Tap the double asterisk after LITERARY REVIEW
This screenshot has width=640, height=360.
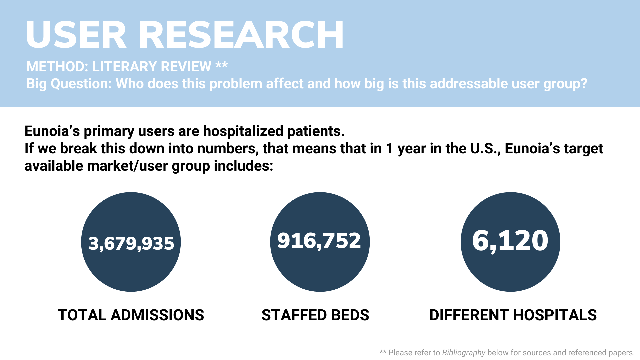222,65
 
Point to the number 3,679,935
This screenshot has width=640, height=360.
131,243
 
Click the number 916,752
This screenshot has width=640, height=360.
319,240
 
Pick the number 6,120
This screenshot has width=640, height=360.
510,240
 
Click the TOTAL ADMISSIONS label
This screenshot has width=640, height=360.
131,315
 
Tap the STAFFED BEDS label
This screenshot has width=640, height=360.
315,315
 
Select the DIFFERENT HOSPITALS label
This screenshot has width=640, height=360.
513,315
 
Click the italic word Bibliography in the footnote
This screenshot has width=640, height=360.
464,353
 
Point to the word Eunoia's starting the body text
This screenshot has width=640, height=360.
52,131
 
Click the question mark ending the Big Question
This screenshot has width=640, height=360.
584,84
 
